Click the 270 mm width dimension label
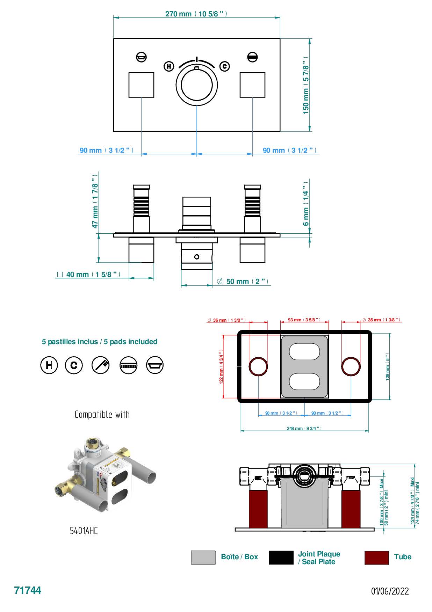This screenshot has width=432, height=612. [x=196, y=14]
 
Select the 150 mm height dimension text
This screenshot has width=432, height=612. [x=306, y=85]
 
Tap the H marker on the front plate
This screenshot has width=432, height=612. [x=169, y=66]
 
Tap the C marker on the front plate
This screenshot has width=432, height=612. [x=224, y=66]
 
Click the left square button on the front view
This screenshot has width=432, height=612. [x=141, y=85]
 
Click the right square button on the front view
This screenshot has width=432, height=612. [x=252, y=85]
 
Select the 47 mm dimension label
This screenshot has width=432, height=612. [x=95, y=206]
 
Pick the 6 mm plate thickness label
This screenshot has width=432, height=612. [x=306, y=204]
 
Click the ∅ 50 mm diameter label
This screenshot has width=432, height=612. [x=243, y=282]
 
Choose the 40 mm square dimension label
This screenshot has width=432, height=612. [x=89, y=275]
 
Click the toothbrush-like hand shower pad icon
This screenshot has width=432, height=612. [x=101, y=365]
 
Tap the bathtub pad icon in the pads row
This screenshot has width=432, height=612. [x=155, y=365]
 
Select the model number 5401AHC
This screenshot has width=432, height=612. [x=84, y=531]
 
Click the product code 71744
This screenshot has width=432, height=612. [x=28, y=590]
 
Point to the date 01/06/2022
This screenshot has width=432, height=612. [x=390, y=591]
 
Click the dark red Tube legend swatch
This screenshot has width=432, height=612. [x=376, y=558]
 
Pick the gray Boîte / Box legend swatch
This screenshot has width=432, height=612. [x=203, y=558]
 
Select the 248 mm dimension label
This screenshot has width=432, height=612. [x=304, y=428]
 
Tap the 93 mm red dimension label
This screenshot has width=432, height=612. [x=304, y=320]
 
